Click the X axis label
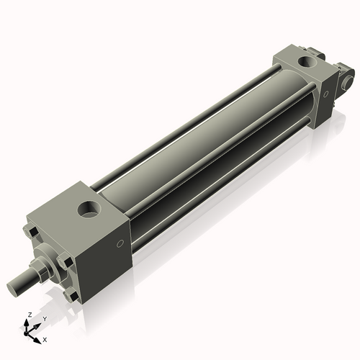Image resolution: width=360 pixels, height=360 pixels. [x=45, y=340]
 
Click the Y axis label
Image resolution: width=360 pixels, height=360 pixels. [x=45, y=319]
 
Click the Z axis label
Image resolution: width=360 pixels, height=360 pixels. [x=30, y=315]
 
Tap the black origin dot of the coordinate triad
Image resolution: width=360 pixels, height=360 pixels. [x=25, y=333]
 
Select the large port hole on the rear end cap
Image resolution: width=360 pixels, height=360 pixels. [x=308, y=62]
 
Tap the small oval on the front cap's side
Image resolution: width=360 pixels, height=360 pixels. [x=120, y=243]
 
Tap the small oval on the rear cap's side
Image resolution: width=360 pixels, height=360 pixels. [x=325, y=94]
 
